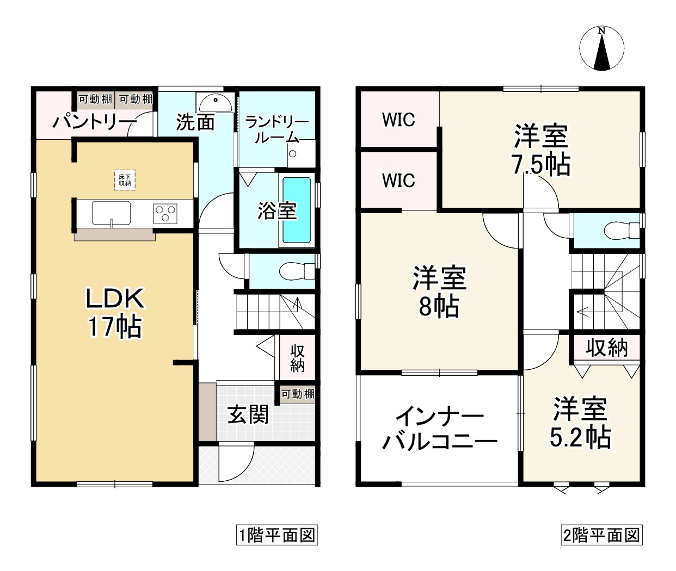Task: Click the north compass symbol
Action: (x=601, y=49)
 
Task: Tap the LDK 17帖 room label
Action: (x=115, y=313)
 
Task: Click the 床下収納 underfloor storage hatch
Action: (x=125, y=180)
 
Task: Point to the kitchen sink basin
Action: (x=111, y=212)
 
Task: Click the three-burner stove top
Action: (x=165, y=212)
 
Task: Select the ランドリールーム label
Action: (x=277, y=129)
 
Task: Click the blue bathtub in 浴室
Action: (x=297, y=209)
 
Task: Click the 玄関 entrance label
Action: (x=248, y=415)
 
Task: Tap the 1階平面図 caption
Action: (x=277, y=535)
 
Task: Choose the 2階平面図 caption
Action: (x=601, y=535)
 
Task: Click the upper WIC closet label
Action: (x=398, y=120)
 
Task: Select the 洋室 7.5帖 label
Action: (x=541, y=150)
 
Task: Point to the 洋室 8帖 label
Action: (x=439, y=292)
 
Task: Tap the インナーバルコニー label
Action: (x=439, y=430)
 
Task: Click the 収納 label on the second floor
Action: (x=607, y=347)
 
